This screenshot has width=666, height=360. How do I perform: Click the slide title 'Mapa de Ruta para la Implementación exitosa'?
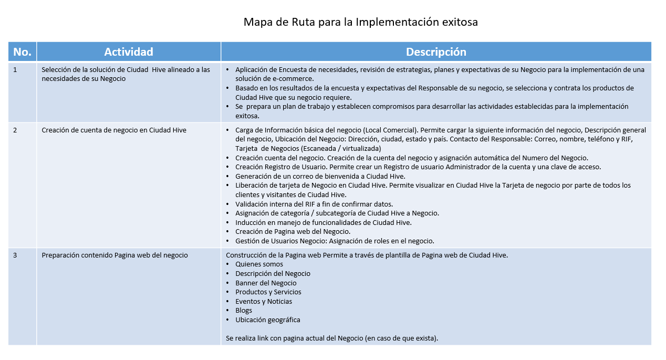pos(360,22)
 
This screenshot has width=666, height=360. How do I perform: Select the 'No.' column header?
pos(23,52)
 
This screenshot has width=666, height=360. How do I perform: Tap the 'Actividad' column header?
pos(129,52)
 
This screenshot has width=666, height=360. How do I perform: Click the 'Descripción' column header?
pos(436,52)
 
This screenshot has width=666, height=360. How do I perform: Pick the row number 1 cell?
pos(15,69)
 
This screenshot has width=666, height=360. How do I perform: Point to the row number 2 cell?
pos(15,130)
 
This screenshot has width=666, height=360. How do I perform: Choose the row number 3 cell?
pos(15,255)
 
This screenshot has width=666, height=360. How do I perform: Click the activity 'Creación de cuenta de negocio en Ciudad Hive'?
pos(114,130)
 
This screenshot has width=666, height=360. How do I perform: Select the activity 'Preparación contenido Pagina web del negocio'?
pos(115,255)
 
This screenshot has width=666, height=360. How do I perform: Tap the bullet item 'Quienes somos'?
pos(259,264)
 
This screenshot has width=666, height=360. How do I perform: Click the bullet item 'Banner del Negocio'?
pos(266,283)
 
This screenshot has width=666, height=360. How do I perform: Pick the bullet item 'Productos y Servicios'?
pos(268,292)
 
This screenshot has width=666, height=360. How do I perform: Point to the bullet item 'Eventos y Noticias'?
pos(264,301)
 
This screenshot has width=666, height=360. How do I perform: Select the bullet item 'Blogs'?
pos(244,311)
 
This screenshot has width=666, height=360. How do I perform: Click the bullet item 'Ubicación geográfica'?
pos(268,320)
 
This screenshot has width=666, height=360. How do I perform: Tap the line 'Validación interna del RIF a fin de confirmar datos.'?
pos(314,204)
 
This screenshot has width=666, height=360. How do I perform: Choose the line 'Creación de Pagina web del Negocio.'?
pos(293,232)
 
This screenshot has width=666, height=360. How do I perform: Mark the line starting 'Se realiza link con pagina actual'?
pos(332,338)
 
